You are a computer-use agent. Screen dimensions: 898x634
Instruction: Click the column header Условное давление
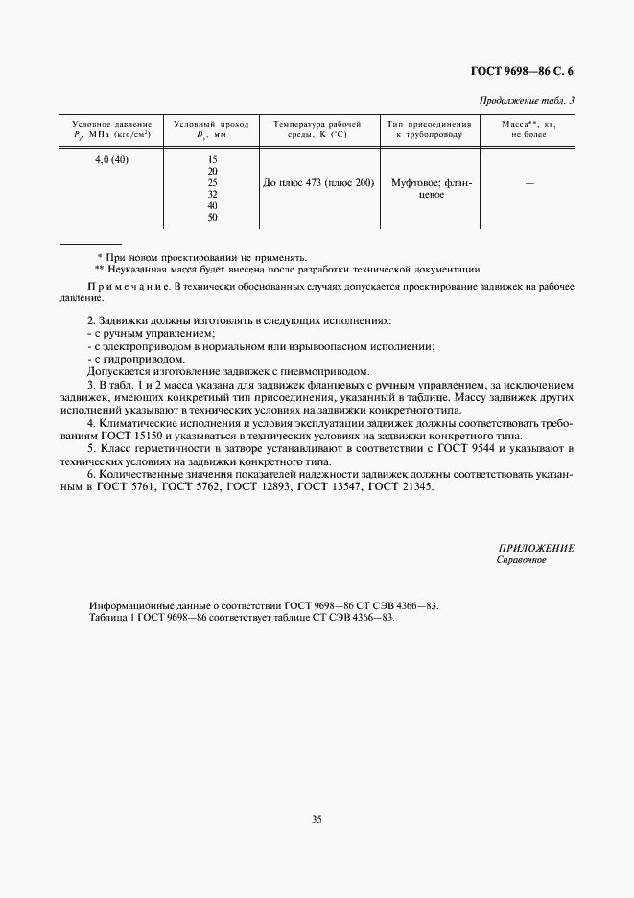click(111, 125)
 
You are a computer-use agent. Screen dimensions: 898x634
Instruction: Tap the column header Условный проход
click(211, 125)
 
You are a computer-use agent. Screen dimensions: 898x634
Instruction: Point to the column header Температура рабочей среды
click(317, 125)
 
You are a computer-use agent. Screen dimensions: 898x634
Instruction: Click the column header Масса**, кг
click(529, 125)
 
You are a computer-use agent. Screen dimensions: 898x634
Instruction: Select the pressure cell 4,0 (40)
click(111, 159)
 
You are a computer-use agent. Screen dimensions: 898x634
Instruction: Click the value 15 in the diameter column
click(212, 159)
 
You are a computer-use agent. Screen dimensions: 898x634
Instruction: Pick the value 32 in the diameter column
click(212, 194)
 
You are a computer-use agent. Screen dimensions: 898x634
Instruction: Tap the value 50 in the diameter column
click(212, 217)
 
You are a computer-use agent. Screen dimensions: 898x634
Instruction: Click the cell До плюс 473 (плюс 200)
click(317, 182)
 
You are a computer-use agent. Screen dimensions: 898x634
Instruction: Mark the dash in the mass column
click(529, 182)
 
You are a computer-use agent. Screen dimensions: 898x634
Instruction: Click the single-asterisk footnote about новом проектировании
click(202, 257)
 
